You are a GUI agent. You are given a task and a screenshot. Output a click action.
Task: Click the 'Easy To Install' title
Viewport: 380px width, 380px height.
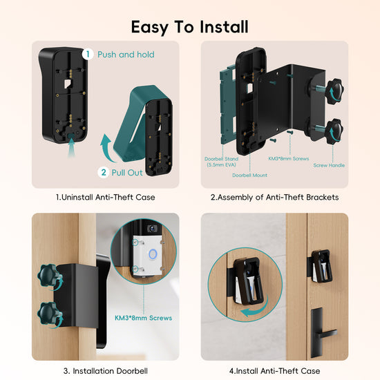click(x=190, y=27)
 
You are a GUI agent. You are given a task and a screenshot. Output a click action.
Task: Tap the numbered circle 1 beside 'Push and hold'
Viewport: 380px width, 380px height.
click(x=88, y=55)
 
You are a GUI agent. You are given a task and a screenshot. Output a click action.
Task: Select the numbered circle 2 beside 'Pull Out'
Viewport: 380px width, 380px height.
click(x=104, y=172)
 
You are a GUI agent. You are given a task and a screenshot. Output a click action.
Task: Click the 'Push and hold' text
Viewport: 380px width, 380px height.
click(x=126, y=55)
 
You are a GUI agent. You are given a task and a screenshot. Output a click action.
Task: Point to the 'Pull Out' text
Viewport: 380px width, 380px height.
click(x=127, y=173)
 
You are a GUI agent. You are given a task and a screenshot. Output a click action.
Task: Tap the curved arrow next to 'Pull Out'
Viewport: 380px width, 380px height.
click(x=106, y=149)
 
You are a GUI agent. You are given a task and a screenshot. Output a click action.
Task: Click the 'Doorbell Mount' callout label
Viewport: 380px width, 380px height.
click(x=249, y=175)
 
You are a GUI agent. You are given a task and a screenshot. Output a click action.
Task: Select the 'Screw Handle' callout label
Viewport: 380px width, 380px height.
click(x=329, y=165)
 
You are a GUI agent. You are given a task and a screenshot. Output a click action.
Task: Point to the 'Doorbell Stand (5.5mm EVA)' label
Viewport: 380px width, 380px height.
click(x=221, y=162)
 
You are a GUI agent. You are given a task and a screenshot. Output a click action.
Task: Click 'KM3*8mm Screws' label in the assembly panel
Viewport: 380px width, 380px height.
click(x=289, y=158)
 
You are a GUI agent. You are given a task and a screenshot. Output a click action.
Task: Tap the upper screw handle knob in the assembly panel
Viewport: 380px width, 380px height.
click(x=335, y=91)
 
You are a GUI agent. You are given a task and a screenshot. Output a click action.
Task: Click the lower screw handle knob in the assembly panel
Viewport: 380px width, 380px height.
click(x=334, y=131)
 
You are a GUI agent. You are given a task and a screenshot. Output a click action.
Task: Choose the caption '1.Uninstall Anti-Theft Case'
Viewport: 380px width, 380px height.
click(x=106, y=198)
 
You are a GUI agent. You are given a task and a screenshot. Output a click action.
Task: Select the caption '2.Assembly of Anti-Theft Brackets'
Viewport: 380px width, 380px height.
click(x=274, y=198)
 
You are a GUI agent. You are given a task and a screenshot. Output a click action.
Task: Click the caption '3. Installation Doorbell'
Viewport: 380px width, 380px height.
click(x=106, y=371)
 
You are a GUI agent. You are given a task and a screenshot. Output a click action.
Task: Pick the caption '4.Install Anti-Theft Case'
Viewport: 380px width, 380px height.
click(x=274, y=371)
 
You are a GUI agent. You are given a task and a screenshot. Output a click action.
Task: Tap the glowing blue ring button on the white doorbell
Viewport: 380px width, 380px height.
click(x=153, y=254)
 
